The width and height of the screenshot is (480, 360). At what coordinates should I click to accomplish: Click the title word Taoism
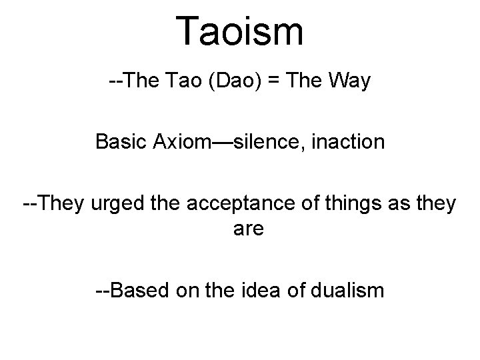(x=240, y=32)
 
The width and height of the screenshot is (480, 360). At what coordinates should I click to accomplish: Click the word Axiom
(x=178, y=142)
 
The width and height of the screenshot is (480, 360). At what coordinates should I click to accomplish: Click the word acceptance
(x=224, y=203)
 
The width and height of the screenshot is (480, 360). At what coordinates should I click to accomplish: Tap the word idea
(x=267, y=291)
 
